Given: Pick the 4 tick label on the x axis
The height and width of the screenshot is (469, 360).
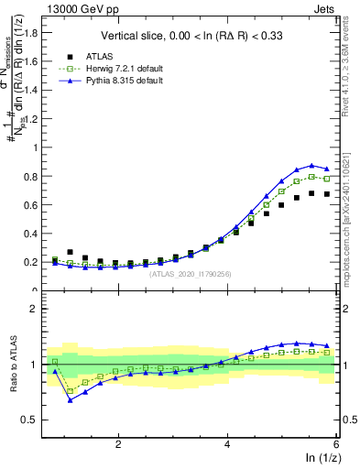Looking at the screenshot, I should click(227, 443).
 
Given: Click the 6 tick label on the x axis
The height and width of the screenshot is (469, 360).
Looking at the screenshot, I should click(336, 443).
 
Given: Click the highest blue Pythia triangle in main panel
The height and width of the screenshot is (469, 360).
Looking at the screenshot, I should click(311, 165).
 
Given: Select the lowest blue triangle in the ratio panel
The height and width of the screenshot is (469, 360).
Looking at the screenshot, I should click(71, 399).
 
